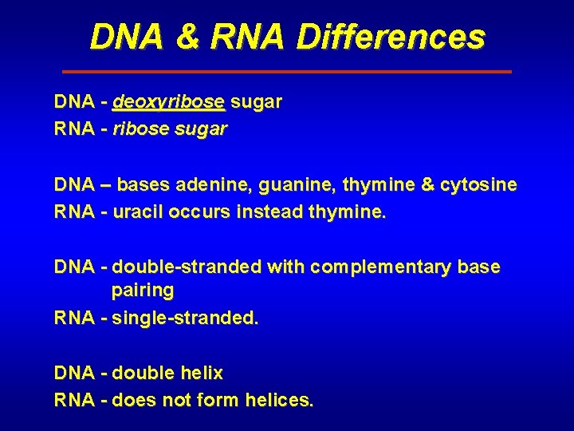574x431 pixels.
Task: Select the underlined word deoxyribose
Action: click(169, 102)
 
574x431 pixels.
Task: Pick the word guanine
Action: click(300, 185)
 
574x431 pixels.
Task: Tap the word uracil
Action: click(137, 212)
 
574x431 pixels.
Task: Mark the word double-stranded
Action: click(187, 267)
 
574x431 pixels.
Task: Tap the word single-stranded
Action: click(186, 318)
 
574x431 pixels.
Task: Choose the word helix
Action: click(202, 373)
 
